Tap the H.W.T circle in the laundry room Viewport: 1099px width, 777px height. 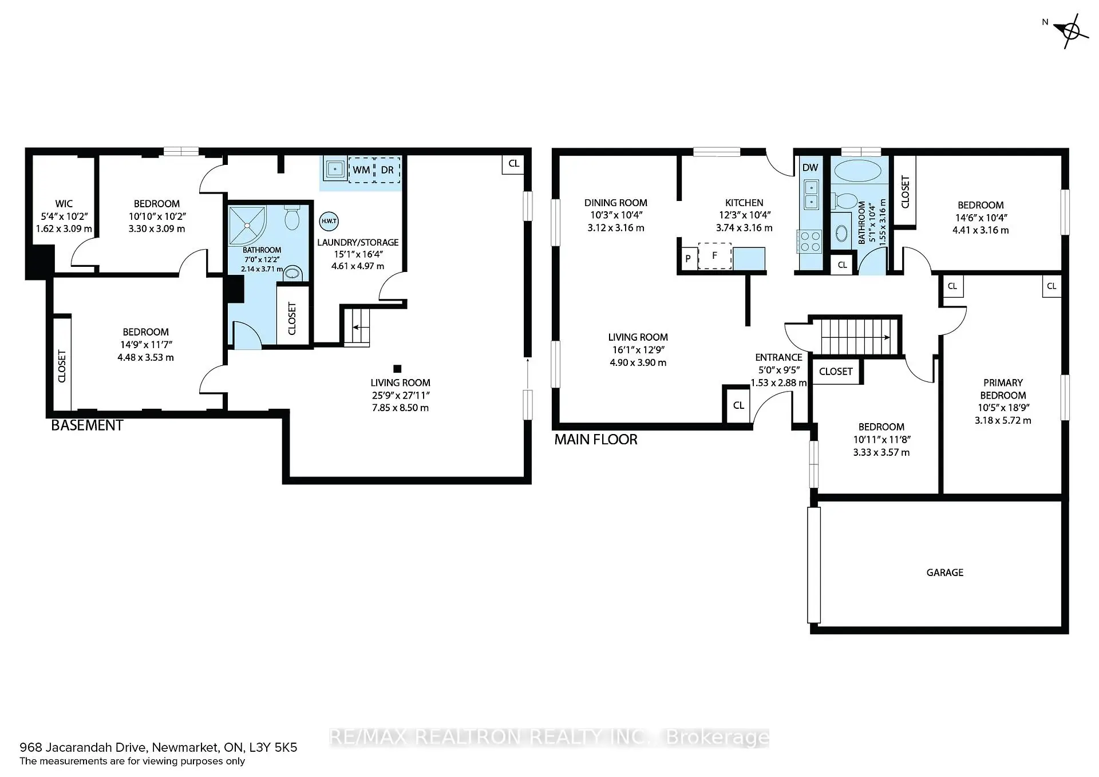point(329,221)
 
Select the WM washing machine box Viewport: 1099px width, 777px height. point(361,170)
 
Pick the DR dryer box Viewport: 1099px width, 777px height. point(387,170)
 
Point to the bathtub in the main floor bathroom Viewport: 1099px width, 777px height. point(857,171)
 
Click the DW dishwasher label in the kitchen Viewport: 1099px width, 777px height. point(811,168)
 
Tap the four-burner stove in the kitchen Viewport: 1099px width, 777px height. point(810,241)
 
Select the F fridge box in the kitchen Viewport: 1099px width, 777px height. point(714,256)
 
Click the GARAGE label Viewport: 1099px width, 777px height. point(944,572)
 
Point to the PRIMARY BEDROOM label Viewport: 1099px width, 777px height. point(1003,389)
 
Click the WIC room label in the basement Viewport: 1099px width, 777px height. point(64,203)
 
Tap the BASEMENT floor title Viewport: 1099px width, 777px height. point(87,425)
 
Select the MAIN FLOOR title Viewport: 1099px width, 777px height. point(596,440)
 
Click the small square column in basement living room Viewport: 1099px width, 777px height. point(397,369)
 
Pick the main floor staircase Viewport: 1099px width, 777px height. point(855,337)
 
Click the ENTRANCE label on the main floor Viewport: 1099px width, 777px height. point(778,357)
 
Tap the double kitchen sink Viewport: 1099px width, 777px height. point(811,194)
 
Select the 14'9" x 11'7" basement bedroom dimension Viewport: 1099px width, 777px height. point(145,345)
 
